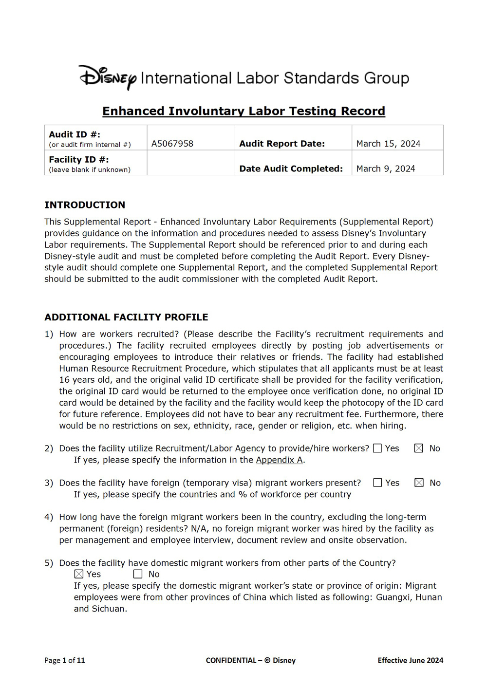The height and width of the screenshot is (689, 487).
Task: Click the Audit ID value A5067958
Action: [172, 144]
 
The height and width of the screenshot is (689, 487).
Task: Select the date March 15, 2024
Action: [388, 144]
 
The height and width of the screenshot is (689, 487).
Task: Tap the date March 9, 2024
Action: [386, 168]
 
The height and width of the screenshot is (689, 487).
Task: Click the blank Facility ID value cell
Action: [190, 163]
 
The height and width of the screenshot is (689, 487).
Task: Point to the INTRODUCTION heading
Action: [85, 205]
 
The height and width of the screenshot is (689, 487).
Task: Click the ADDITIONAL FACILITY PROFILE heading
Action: [126, 317]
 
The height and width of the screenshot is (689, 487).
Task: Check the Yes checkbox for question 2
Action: [377, 448]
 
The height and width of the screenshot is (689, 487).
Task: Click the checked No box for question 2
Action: [419, 448]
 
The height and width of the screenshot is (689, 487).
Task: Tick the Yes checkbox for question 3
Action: [377, 483]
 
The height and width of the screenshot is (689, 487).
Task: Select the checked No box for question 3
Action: [419, 483]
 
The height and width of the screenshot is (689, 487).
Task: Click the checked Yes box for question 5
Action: [79, 574]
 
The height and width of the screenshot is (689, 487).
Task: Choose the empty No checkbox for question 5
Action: [138, 574]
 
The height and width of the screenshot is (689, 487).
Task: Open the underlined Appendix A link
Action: [280, 460]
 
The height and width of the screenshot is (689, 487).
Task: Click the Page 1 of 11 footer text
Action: [65, 660]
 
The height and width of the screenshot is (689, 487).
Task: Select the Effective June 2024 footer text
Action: [410, 660]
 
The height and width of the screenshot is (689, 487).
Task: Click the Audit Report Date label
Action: [282, 144]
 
